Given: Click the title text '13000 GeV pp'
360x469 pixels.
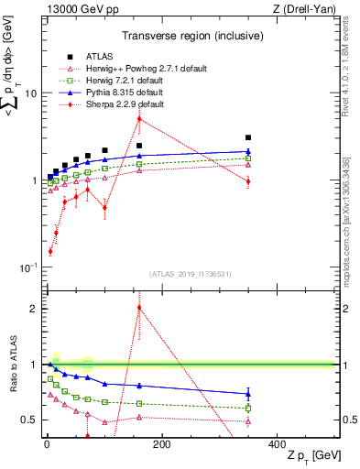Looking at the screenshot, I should point(76,10).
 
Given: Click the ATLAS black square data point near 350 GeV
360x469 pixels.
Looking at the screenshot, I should point(248,137).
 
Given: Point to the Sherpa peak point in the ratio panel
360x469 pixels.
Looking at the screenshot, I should point(139,308).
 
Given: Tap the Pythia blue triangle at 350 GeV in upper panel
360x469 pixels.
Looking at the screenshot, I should point(248,151).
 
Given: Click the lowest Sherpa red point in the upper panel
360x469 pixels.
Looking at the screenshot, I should point(50,250).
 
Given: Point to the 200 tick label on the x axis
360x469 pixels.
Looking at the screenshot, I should point(161,444).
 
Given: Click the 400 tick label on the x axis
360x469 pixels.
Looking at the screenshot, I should point(278,444).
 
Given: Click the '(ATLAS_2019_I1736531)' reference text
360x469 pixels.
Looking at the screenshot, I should point(191,274).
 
